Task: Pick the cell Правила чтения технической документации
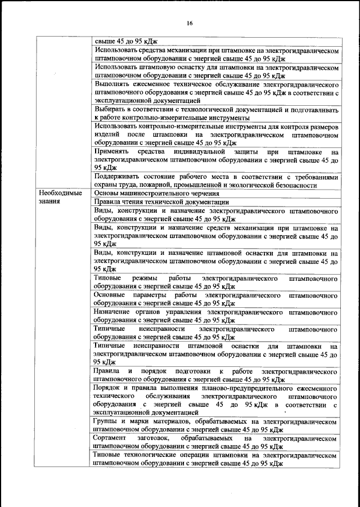(x=161, y=201)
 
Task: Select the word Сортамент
(x=111, y=437)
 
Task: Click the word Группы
(x=106, y=421)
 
